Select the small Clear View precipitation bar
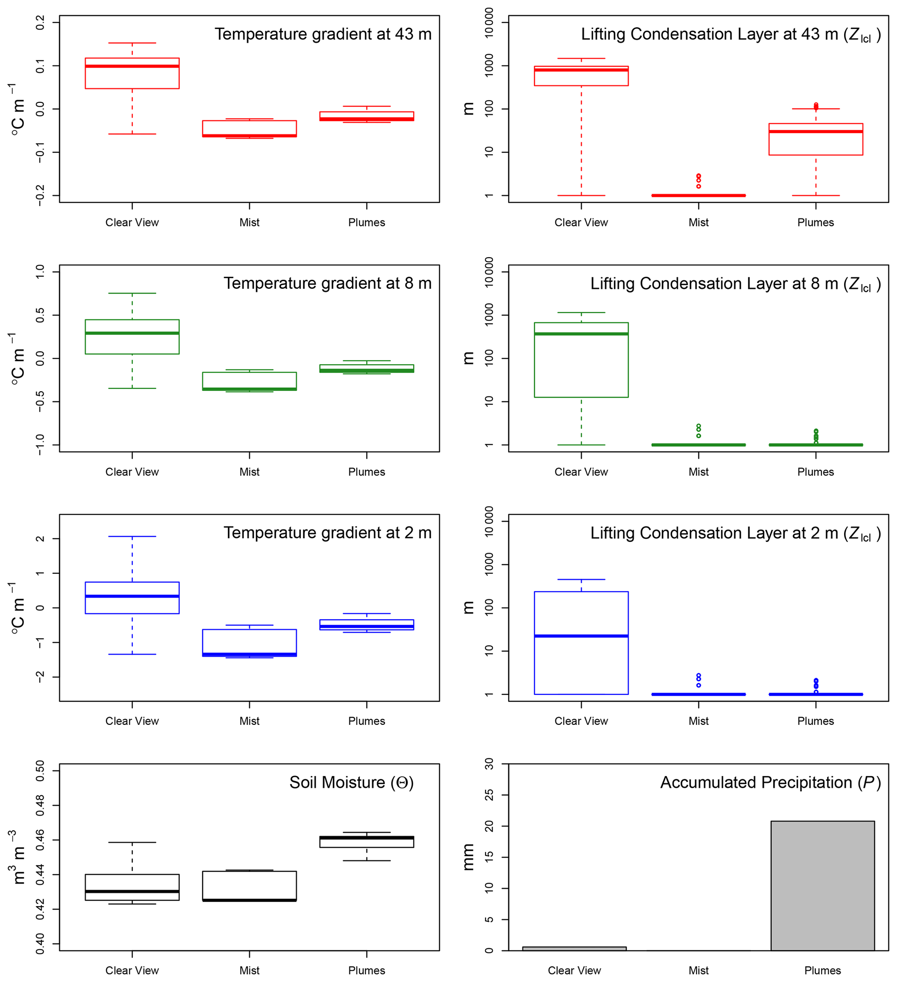pyautogui.click(x=574, y=949)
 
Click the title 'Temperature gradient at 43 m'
pyautogui.click(x=323, y=34)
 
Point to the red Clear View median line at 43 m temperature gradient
pyautogui.click(x=132, y=66)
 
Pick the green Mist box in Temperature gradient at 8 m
pyautogui.click(x=250, y=381)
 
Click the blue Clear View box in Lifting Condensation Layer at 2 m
pyautogui.click(x=581, y=643)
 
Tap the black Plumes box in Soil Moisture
pyautogui.click(x=366, y=842)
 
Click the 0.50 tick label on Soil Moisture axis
pyautogui.click(x=40, y=771)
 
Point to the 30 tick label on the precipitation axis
pyautogui.click(x=489, y=764)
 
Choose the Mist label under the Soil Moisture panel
pyautogui.click(x=250, y=970)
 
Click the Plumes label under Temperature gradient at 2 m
pyautogui.click(x=366, y=721)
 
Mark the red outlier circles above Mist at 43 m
pyautogui.click(x=698, y=180)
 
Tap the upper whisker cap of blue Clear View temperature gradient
pyautogui.click(x=132, y=536)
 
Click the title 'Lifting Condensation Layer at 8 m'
pyautogui.click(x=735, y=284)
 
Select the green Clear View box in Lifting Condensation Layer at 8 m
pyautogui.click(x=581, y=360)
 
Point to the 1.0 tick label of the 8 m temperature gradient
pyautogui.click(x=40, y=272)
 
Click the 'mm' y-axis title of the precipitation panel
pyautogui.click(x=468, y=858)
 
